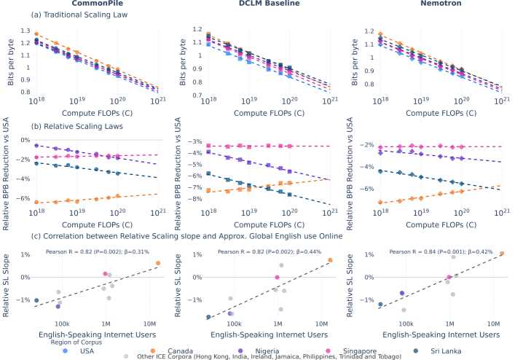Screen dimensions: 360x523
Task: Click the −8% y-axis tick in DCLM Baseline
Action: (194, 197)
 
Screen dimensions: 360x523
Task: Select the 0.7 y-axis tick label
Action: (195, 95)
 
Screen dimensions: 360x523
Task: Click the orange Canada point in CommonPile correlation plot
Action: (157, 263)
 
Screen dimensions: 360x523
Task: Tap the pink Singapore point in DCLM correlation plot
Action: (277, 278)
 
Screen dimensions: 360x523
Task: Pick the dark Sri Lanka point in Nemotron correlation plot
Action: (380, 304)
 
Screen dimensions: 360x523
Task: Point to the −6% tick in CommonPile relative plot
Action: (23, 198)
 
